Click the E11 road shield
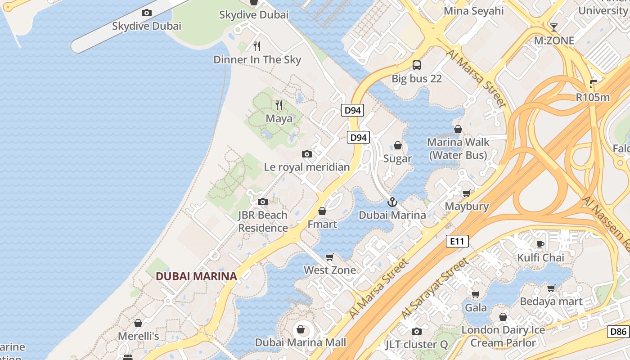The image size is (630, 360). [x=457, y=241]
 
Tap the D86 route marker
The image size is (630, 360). [x=618, y=332]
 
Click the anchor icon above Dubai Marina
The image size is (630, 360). [x=392, y=202]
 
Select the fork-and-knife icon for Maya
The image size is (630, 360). [x=279, y=105]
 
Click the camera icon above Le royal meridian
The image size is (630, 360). [x=307, y=154]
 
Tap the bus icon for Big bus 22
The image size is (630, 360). [x=417, y=65]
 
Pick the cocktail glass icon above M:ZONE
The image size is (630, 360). [x=554, y=27]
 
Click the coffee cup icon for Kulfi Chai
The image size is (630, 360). [x=540, y=244]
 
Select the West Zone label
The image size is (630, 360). [x=330, y=270]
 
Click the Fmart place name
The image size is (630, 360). [x=322, y=224]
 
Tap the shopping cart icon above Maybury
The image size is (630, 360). [x=467, y=193]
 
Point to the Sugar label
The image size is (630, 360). [x=397, y=158]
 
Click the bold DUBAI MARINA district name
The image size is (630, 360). [x=196, y=276]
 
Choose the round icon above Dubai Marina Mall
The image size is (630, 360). [x=301, y=330]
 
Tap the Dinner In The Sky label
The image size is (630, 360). [x=257, y=59]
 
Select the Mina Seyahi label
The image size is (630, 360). [x=474, y=11]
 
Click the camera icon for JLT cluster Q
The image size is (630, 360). [x=417, y=332]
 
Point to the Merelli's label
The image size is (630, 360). [x=139, y=336]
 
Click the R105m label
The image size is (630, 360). [x=593, y=97]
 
